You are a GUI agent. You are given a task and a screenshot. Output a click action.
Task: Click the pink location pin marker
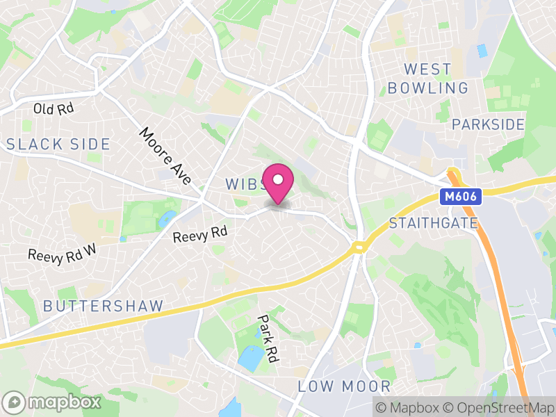pyautogui.click(x=278, y=182)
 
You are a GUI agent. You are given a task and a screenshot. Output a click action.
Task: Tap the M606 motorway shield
pyautogui.click(x=460, y=197)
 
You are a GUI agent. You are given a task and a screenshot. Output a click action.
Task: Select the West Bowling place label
pyautogui.click(x=428, y=79)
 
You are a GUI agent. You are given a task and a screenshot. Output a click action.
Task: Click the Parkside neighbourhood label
pyautogui.click(x=488, y=124)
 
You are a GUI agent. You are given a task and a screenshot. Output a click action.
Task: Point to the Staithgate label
pyautogui.click(x=434, y=223)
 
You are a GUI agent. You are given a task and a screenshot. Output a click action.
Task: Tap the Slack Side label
pyautogui.click(x=58, y=144)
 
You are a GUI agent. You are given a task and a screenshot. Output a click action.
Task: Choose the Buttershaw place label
pyautogui.click(x=104, y=306)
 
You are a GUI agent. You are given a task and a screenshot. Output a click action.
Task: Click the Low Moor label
pyautogui.click(x=345, y=386)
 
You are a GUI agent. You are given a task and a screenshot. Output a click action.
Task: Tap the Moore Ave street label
pyautogui.click(x=165, y=156)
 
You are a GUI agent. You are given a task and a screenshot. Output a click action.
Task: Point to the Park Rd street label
pyautogui.click(x=268, y=338)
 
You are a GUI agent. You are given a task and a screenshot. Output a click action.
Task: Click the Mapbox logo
pyautogui.click(x=53, y=402)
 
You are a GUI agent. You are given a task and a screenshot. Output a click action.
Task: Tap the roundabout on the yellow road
pyautogui.click(x=359, y=247)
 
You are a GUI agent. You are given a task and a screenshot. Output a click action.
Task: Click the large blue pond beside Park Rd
pyautogui.click(x=251, y=357)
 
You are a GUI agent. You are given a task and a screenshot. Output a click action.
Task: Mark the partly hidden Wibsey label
pyautogui.click(x=243, y=184)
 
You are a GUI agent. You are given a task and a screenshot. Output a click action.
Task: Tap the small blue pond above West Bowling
pyautogui.click(x=482, y=51)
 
